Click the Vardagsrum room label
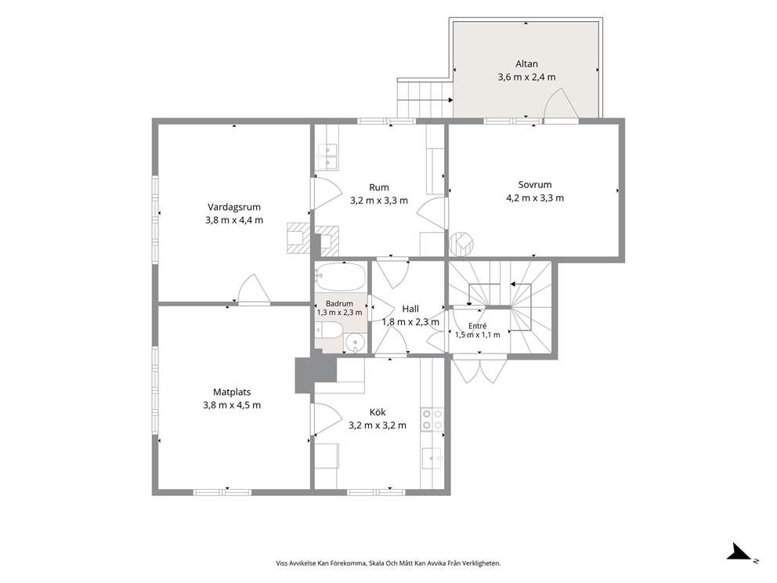tap(234, 207)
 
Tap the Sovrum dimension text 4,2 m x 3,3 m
tap(535, 197)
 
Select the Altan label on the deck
tap(526, 63)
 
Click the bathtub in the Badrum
tap(341, 277)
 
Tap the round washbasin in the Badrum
tap(355, 342)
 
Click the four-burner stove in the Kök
tap(432, 419)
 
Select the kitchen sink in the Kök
tap(432, 458)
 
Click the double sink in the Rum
tap(327, 156)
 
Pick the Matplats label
tap(232, 392)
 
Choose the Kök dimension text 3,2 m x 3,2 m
tap(378, 425)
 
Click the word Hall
tap(410, 309)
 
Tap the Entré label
tap(478, 326)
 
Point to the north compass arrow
tap(740, 552)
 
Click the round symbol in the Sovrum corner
tap(461, 244)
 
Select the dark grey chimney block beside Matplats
tap(315, 375)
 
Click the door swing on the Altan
tap(562, 103)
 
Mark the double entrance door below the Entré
tap(479, 371)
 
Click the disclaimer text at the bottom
tap(388, 563)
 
